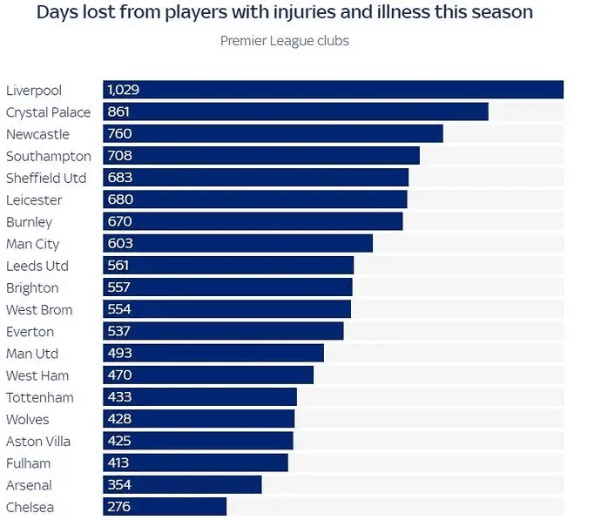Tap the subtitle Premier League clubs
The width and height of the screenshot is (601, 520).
(284, 41)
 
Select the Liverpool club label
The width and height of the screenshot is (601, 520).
(34, 91)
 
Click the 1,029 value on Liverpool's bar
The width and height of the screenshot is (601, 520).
(123, 90)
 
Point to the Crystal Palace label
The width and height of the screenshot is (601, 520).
(48, 112)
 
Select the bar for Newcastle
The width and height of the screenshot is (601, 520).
(273, 134)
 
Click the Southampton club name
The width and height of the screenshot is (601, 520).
(48, 156)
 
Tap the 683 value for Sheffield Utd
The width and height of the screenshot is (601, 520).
(119, 178)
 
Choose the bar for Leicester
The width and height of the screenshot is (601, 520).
(255, 199)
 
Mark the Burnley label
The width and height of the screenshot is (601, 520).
(29, 222)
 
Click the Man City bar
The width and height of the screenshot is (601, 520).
(238, 244)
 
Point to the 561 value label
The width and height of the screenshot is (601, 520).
(118, 266)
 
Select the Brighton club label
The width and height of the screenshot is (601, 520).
(32, 287)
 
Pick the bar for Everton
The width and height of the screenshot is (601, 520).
(223, 332)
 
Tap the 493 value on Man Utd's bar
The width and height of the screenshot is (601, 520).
(119, 354)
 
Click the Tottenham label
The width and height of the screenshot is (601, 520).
(39, 397)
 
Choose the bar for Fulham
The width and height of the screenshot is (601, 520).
(195, 463)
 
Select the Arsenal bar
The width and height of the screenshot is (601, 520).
(182, 485)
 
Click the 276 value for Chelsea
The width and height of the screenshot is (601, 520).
(118, 507)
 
